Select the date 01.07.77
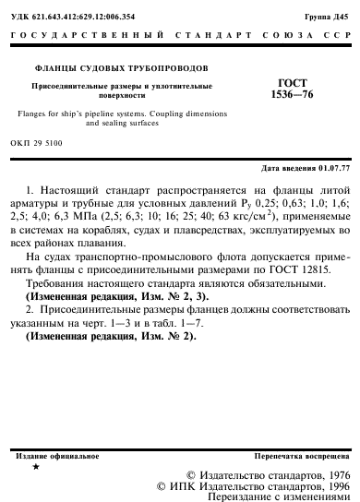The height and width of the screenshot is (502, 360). pyautogui.click(x=334, y=168)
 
